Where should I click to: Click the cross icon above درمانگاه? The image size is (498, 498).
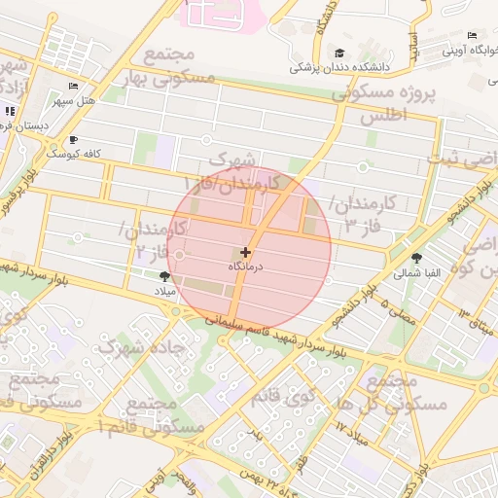[244, 252]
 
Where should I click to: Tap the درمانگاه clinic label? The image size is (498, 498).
[244, 266]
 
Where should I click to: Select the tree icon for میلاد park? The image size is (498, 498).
[163, 276]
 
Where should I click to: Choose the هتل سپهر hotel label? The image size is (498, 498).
[74, 99]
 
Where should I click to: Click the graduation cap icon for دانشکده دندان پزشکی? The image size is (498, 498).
[339, 53]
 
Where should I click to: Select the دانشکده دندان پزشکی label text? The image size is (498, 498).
[339, 68]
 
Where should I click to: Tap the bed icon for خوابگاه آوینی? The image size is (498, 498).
[472, 36]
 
